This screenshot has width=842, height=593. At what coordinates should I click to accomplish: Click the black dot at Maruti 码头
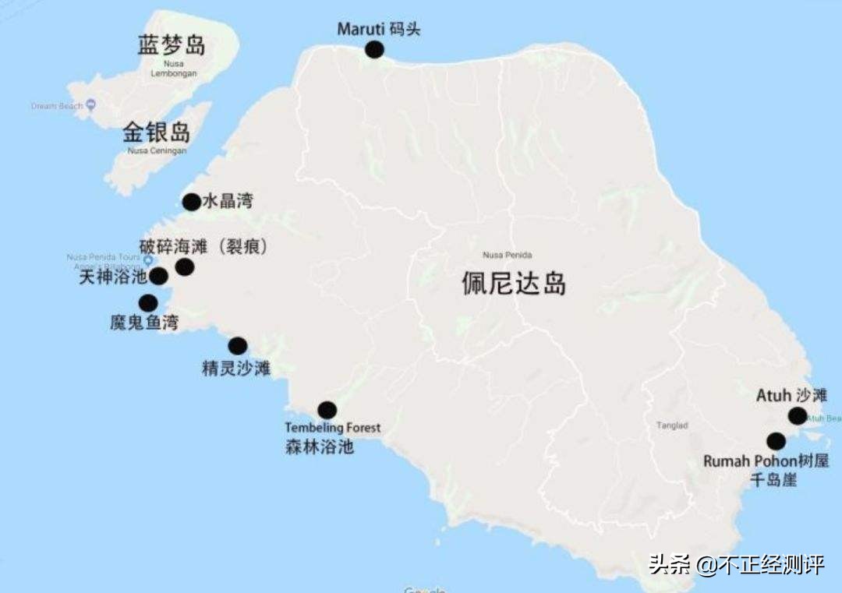click(374, 50)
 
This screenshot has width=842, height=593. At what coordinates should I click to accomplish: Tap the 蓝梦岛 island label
click(172, 45)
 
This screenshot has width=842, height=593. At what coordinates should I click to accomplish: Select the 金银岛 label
click(157, 132)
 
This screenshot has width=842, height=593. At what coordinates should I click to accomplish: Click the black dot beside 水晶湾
click(191, 203)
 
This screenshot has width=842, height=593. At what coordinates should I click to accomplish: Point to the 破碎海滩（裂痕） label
click(204, 247)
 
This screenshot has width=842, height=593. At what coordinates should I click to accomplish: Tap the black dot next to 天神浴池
click(159, 276)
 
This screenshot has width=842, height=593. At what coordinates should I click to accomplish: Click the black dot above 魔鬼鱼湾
click(147, 303)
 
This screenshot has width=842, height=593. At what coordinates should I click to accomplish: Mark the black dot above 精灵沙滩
click(237, 346)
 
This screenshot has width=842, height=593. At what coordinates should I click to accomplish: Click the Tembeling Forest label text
click(333, 428)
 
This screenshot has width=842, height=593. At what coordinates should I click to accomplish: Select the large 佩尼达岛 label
click(514, 284)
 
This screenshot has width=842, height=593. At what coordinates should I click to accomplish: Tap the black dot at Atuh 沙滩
click(797, 415)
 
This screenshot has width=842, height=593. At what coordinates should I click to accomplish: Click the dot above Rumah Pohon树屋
click(776, 441)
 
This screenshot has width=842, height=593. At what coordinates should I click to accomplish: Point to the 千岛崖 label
click(773, 480)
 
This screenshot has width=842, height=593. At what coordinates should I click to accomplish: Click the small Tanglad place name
click(672, 425)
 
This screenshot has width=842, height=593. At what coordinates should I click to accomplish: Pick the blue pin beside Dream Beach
click(90, 105)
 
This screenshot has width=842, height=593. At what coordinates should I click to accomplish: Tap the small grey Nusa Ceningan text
click(157, 151)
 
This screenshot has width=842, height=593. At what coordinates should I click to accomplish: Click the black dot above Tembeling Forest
click(327, 410)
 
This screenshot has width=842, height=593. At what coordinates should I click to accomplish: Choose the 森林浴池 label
click(320, 447)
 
